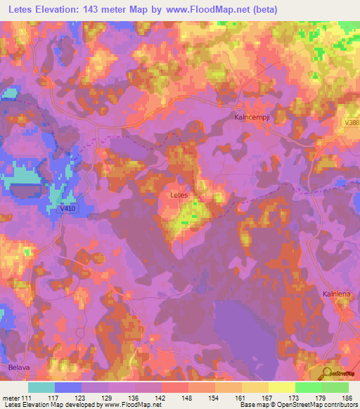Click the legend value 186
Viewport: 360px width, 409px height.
pos(347,398)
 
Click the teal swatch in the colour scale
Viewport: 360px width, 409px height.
pos(41,387)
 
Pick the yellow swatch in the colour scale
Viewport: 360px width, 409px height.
pos(282,387)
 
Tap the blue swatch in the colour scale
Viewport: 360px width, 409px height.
pos(68,387)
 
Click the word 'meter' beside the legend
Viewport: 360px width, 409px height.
pos(11,398)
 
